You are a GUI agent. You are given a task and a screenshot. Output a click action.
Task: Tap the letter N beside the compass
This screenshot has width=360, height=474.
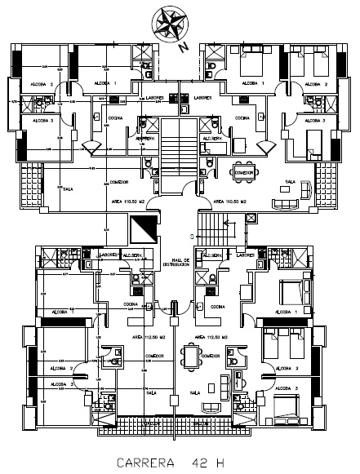(x=184, y=47)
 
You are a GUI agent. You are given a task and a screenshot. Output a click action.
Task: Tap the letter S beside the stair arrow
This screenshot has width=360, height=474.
(x=193, y=236)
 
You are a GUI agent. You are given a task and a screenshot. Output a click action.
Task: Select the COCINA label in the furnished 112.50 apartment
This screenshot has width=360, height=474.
(x=217, y=307)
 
